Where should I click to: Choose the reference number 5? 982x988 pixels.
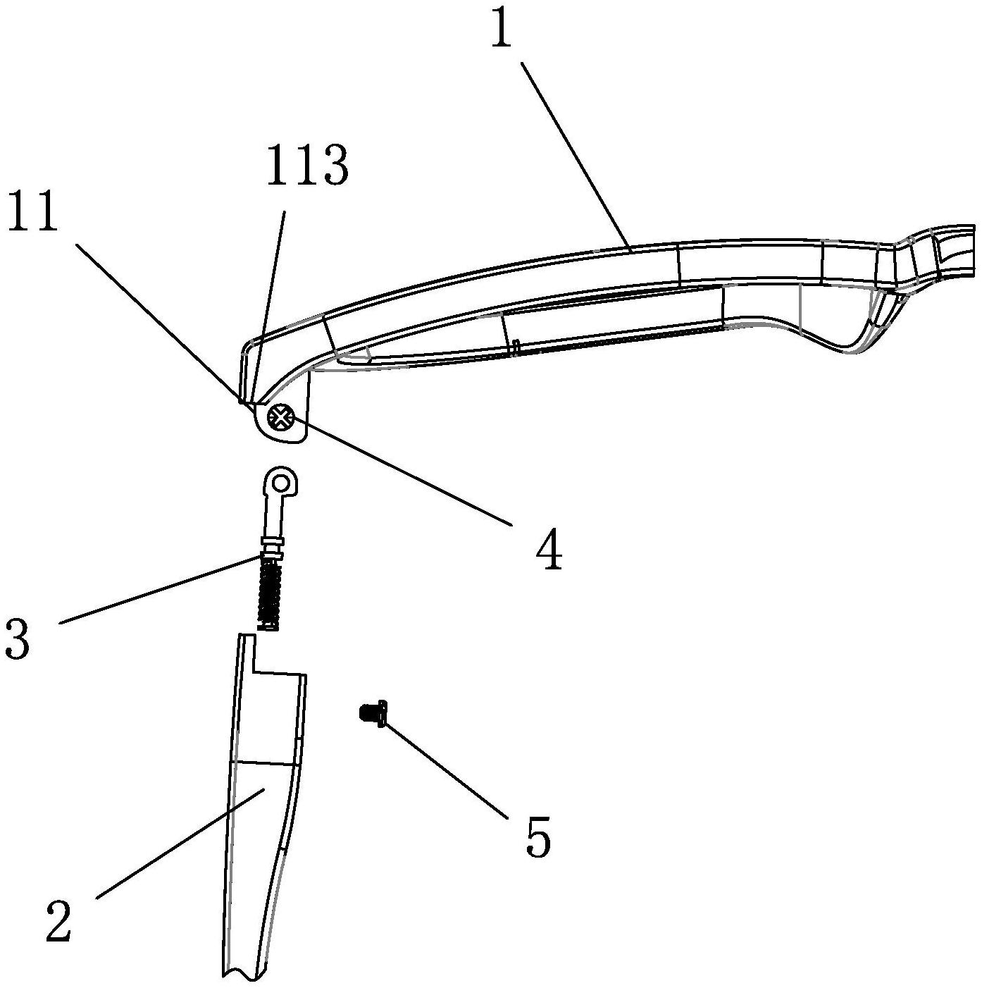click(x=538, y=837)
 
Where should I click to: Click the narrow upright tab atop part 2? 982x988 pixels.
click(x=245, y=652)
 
